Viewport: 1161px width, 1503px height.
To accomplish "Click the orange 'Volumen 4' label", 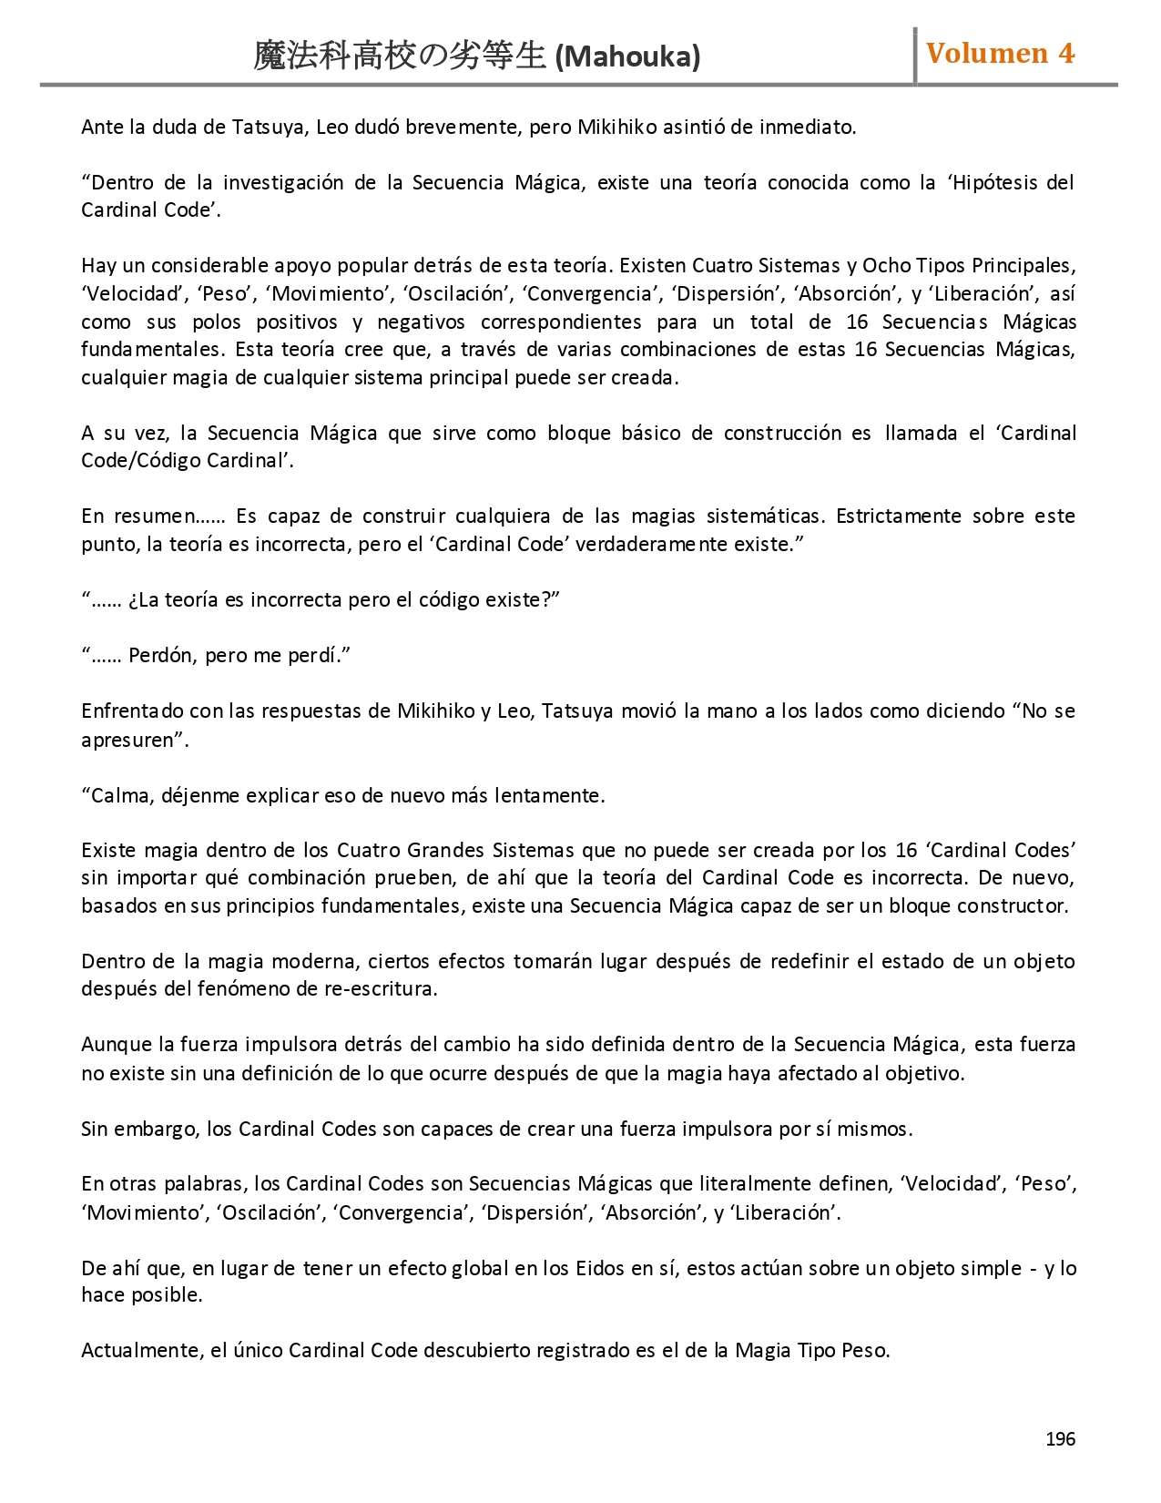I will [1000, 54].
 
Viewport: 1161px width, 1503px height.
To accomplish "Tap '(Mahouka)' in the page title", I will [627, 57].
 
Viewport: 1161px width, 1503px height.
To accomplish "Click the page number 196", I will [1060, 1438].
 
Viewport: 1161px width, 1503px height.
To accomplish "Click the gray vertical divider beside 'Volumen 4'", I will [915, 56].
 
